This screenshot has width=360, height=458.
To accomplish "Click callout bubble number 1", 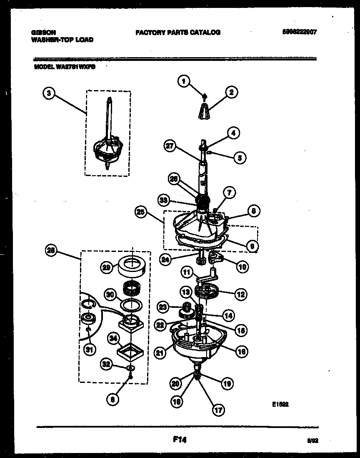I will (x=182, y=81).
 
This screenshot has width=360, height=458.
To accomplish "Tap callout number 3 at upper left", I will (x=49, y=94).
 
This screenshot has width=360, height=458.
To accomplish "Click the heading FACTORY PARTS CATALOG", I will (x=178, y=32).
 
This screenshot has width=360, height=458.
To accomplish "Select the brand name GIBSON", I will (x=43, y=32).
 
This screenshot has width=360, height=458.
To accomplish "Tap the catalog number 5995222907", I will (x=297, y=32).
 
